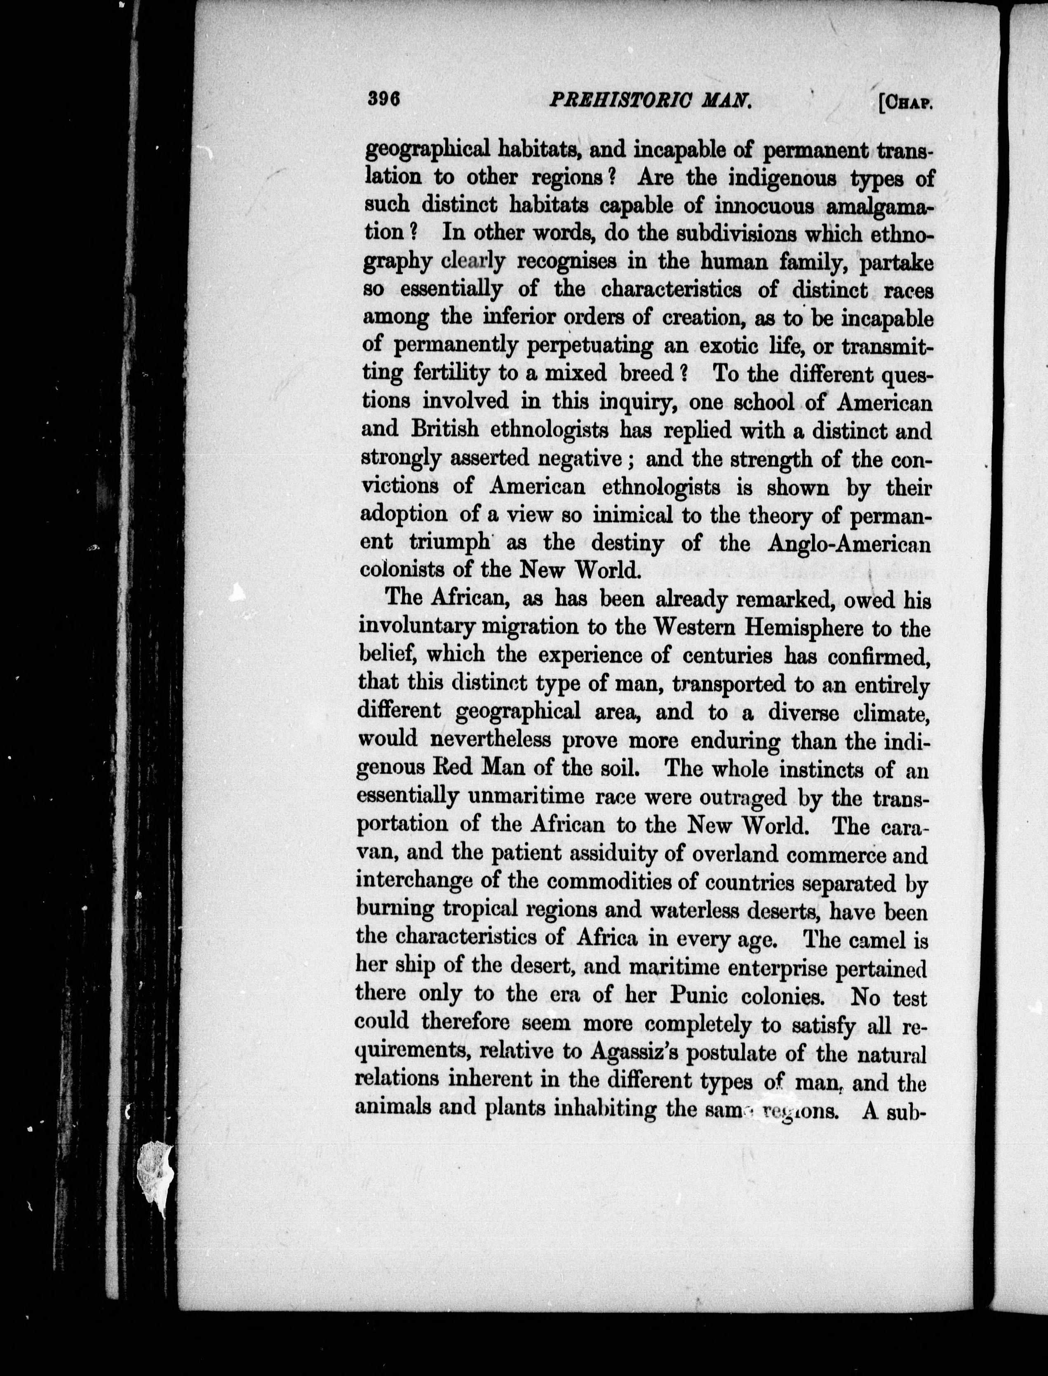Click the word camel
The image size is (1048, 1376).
coord(872,939)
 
